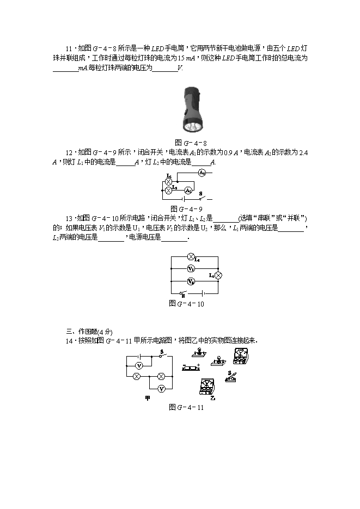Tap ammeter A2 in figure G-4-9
pos(201,172)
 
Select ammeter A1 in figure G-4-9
pos(187,190)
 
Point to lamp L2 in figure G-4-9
pos(168,190)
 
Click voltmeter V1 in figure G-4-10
pos(191,269)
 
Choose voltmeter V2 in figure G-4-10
pos(191,281)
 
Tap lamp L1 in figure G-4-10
pos(191,256)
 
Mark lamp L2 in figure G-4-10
pos(218,276)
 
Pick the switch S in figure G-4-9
pos(203,197)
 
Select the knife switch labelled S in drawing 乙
pos(233,377)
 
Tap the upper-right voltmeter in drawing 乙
pos(240,356)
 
